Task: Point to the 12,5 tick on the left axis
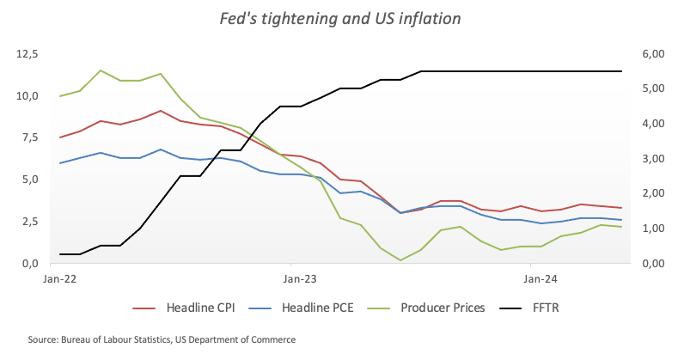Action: pos(28,54)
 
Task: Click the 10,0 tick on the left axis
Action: pos(28,96)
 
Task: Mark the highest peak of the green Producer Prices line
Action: pos(101,70)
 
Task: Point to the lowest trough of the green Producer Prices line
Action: pos(400,259)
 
